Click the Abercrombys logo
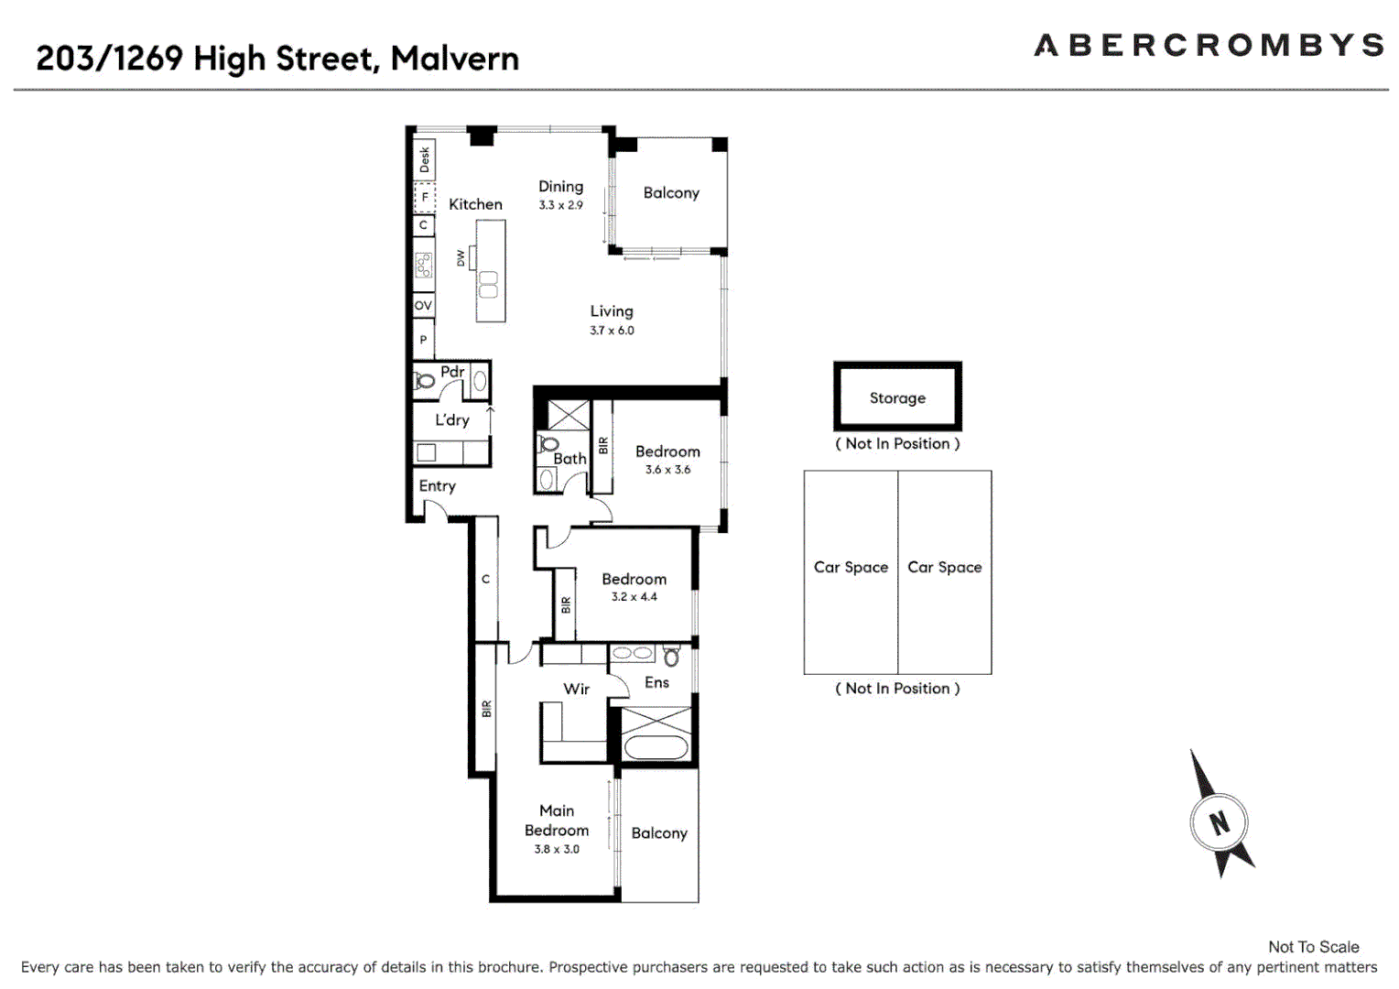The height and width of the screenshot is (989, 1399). [x=1209, y=45]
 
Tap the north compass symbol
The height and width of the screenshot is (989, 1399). [x=1219, y=821]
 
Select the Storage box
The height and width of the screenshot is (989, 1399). [x=897, y=397]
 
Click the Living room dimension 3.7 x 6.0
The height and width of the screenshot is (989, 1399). [x=612, y=331]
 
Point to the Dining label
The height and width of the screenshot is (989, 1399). [x=560, y=187]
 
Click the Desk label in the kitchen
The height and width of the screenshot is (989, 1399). [x=425, y=160]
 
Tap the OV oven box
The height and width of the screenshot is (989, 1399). [x=423, y=306]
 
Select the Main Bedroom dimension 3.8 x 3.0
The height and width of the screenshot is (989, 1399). [x=557, y=849]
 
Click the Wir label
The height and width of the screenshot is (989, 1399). [x=576, y=689]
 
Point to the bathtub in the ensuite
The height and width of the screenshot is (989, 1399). [x=656, y=747]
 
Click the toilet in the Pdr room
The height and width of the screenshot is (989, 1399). [x=425, y=380]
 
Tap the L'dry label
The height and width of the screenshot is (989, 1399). [x=452, y=420]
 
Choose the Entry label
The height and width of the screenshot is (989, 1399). [x=437, y=486]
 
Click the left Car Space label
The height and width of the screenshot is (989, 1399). [x=851, y=567]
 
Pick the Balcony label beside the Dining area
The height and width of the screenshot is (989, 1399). [x=671, y=193]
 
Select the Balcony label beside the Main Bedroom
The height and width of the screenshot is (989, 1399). [x=659, y=833]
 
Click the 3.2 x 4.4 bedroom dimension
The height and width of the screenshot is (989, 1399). [x=634, y=597]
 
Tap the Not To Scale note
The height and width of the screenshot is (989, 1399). [x=1313, y=947]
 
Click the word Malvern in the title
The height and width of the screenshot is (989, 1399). [x=454, y=59]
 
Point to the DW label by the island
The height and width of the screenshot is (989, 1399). [x=461, y=259]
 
